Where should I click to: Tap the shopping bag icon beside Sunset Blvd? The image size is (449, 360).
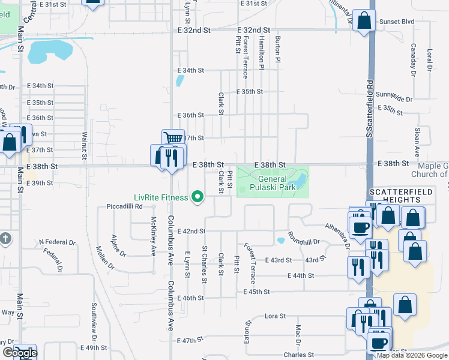tap(364, 21)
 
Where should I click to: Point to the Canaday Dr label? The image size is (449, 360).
tap(414, 60)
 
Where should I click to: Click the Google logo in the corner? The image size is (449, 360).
tap(19, 353)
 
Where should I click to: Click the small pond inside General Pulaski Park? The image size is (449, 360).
tap(295, 179)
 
